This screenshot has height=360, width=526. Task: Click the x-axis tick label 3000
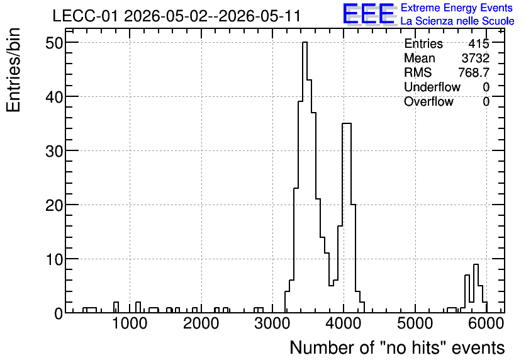(272, 323)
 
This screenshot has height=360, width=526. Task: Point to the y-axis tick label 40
(53, 98)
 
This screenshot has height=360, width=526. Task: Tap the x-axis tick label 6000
(486, 323)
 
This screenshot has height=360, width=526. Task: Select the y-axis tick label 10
(53, 260)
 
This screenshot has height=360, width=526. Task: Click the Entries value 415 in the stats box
(479, 43)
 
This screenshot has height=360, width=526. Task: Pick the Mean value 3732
(475, 58)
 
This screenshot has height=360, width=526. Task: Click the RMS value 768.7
(474, 72)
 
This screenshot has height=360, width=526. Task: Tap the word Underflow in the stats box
(432, 87)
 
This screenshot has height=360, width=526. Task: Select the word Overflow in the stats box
(428, 101)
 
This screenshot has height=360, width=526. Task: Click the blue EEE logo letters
(368, 14)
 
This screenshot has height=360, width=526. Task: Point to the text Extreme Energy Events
(457, 8)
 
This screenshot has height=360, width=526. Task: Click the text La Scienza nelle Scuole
(457, 21)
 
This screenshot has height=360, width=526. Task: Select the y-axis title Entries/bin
(13, 70)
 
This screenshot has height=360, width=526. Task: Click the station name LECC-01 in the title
(85, 16)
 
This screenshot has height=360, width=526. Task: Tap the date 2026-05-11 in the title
(259, 16)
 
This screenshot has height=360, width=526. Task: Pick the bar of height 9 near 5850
(476, 288)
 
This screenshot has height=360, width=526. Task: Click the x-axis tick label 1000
(130, 323)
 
